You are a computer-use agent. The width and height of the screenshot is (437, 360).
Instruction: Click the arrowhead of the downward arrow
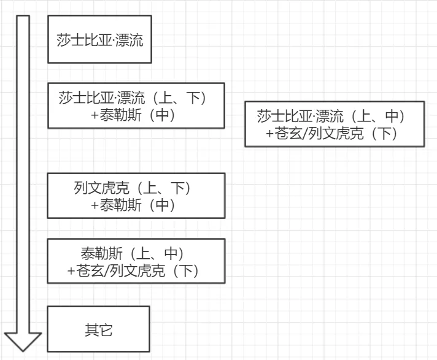[23, 342]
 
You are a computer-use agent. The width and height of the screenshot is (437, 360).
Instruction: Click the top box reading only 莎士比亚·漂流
[99, 39]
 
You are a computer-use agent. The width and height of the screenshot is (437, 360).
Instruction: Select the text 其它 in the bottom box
[98, 330]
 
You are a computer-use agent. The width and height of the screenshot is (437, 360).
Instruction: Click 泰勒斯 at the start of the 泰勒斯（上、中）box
[101, 253]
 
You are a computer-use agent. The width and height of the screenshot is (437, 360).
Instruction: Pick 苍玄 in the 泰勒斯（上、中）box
[90, 270]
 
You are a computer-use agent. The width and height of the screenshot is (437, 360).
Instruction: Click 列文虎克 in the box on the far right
[336, 133]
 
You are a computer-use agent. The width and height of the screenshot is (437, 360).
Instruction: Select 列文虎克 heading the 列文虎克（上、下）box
[101, 188]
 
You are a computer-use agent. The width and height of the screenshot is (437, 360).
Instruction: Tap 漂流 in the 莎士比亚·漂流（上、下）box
[131, 98]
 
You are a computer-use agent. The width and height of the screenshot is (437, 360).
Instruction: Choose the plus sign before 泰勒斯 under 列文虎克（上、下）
[95, 205]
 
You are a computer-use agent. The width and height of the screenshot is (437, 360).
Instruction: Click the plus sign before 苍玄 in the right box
[270, 134]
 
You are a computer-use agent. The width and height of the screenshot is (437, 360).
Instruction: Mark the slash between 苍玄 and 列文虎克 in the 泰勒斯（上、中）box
[107, 270]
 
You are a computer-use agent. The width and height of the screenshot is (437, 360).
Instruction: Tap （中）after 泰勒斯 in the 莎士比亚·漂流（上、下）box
[162, 115]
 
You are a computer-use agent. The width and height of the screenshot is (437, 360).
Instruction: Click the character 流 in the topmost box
[136, 40]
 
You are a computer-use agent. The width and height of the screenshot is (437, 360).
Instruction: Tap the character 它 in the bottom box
[106, 330]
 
